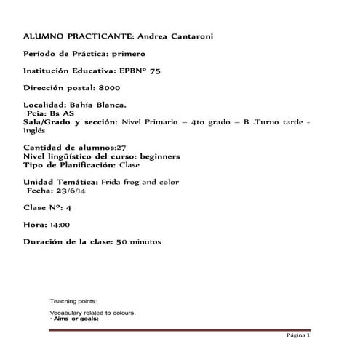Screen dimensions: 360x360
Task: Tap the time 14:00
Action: [60, 225]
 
